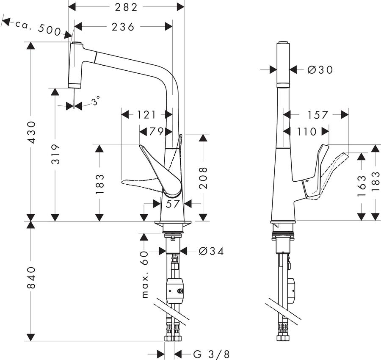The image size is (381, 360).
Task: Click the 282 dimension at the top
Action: (x=126, y=7)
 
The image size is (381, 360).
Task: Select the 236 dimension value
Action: (x=123, y=27)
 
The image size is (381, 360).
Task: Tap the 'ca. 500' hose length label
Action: (x=38, y=28)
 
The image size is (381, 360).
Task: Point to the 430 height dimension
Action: (x=31, y=133)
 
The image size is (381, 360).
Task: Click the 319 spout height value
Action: (x=55, y=154)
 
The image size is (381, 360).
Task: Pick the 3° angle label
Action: (x=96, y=100)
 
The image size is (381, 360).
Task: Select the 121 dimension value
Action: (x=146, y=114)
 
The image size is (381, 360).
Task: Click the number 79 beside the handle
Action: (x=156, y=131)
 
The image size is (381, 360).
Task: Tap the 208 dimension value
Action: (x=203, y=178)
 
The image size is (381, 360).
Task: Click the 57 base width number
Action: (x=173, y=204)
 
